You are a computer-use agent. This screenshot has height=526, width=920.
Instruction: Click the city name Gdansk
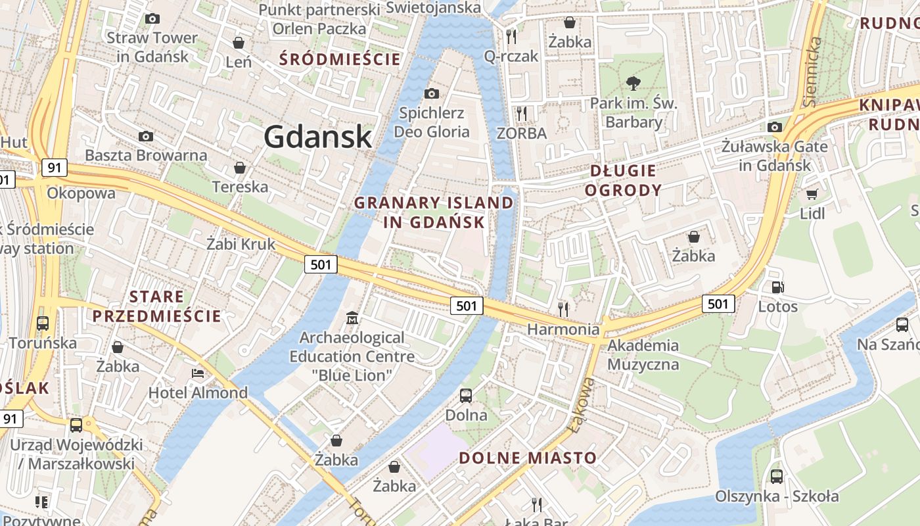point(317,137)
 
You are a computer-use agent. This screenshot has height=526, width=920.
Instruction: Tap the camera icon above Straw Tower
point(152,18)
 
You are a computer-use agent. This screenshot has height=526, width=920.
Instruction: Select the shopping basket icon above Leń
point(239,43)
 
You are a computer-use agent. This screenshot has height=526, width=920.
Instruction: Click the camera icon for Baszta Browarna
point(146,136)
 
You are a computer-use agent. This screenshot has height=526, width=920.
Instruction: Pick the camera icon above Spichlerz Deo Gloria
point(432,93)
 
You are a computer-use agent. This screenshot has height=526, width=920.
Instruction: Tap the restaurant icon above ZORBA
point(522,113)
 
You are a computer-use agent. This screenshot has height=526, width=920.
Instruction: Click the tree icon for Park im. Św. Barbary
point(633,83)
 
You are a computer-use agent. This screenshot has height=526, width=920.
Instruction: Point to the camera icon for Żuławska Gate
point(775,127)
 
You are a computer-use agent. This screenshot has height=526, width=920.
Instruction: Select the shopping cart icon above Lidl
point(812,194)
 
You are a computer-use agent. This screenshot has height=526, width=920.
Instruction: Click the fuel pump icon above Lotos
point(777,287)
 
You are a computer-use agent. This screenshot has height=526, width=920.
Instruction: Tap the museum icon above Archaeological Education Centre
point(352,318)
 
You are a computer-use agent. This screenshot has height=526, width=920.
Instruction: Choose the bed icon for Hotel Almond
point(197,373)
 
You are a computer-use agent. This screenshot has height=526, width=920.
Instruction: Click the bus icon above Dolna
point(466,395)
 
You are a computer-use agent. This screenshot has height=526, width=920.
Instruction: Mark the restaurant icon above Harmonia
point(563,308)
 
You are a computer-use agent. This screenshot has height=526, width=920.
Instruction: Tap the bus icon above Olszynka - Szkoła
point(776,476)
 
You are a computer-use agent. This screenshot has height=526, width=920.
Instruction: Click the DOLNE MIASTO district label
point(528,458)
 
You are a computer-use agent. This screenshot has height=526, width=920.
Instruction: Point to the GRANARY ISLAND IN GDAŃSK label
point(434,212)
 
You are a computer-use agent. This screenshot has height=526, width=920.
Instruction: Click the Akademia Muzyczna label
point(643,354)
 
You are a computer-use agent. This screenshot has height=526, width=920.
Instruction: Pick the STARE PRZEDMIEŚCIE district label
point(157,306)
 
